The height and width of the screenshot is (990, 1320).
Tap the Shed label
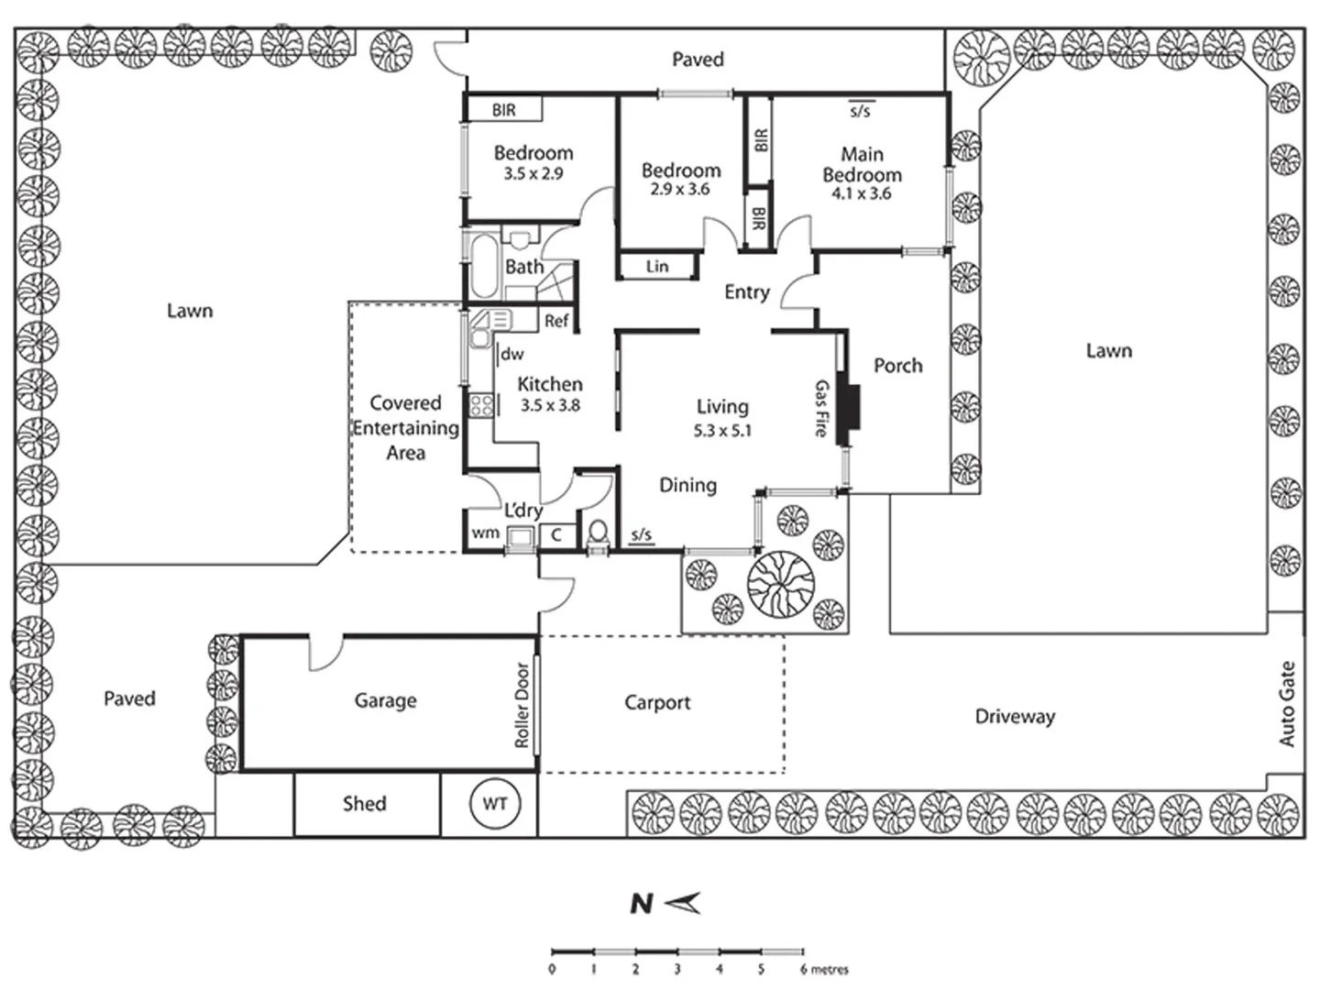coord(365,804)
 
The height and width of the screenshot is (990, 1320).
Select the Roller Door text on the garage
coord(522,705)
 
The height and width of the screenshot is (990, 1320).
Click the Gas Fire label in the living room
coord(821,408)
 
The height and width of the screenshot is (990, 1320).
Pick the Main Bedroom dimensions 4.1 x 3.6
coord(861,193)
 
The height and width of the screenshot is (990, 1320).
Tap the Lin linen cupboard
coord(657,266)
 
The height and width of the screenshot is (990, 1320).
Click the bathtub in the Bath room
coord(484,266)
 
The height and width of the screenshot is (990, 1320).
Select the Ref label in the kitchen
coord(556,321)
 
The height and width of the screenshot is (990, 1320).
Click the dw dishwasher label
coord(512,354)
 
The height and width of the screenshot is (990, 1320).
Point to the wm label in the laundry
coord(485,533)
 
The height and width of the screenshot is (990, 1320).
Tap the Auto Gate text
coord(1287,704)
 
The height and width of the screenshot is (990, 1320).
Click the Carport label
coord(657,702)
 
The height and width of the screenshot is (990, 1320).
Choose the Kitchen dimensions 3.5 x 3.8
coord(550,405)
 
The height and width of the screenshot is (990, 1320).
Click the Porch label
coord(897,366)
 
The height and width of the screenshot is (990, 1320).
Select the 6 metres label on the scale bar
coord(824,970)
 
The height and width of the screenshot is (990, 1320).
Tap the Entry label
coord(747,292)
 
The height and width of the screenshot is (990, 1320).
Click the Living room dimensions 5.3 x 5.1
coord(722,431)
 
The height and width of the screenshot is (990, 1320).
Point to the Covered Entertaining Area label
coord(406,427)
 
